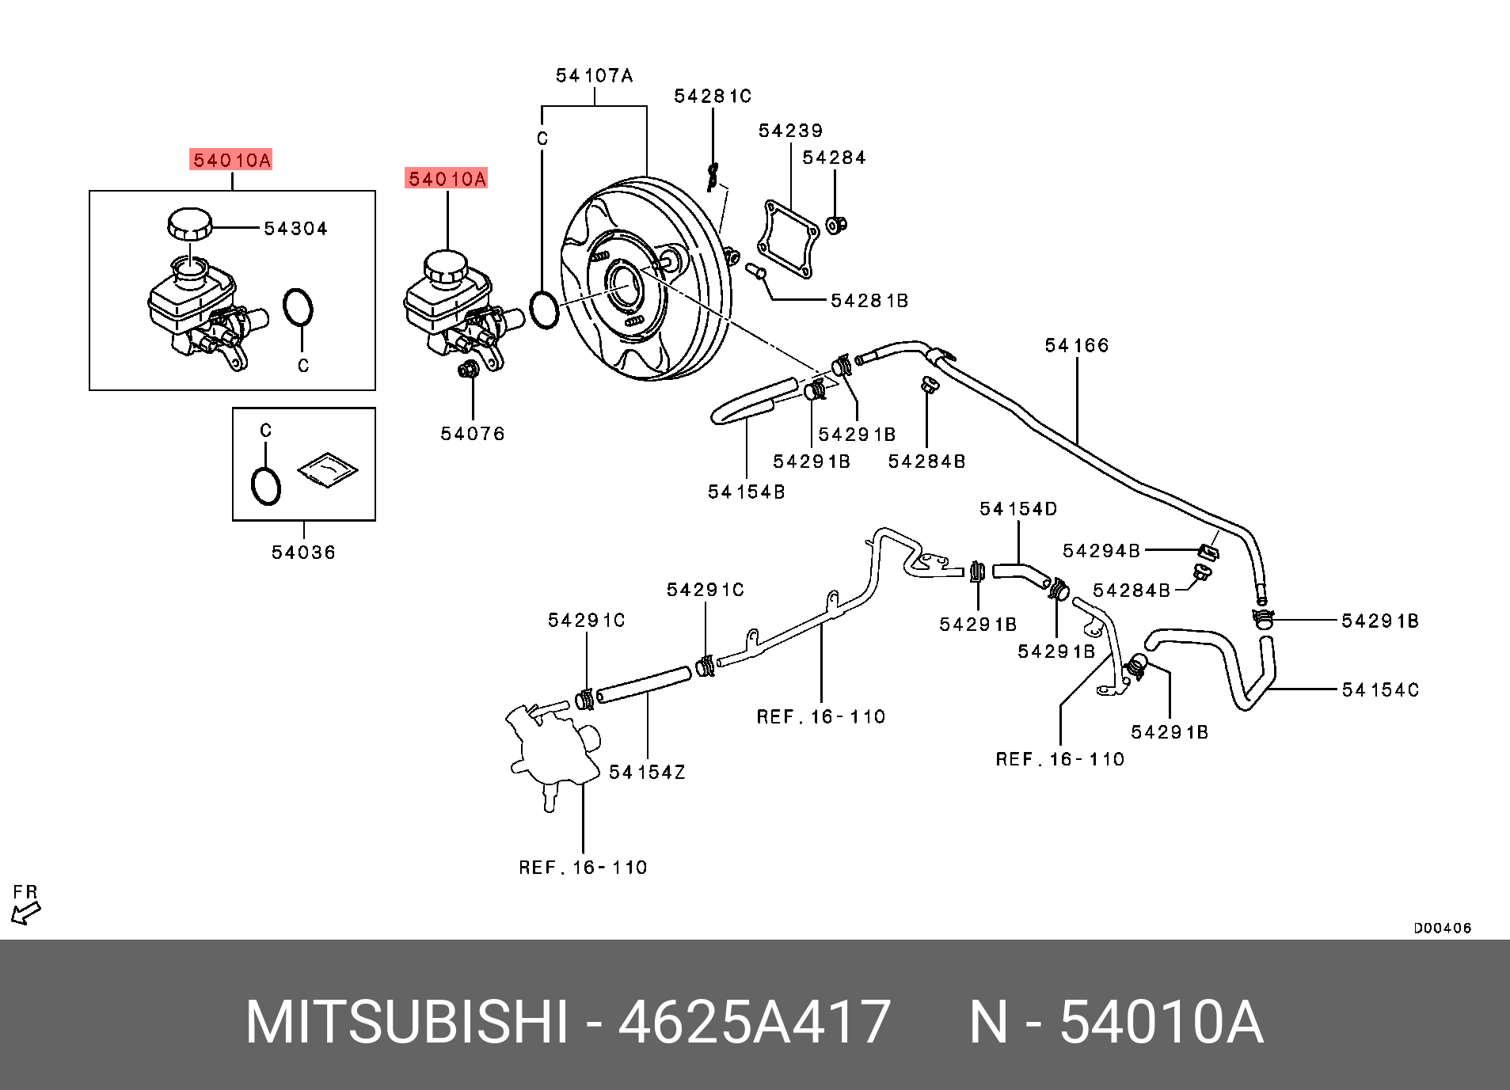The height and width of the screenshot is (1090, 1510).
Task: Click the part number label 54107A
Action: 594,76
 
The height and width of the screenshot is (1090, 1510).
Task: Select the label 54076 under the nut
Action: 472,434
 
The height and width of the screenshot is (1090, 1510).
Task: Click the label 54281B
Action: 869,301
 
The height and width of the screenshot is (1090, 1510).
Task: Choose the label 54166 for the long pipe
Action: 1076,346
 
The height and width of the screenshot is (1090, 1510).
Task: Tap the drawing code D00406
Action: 1442,928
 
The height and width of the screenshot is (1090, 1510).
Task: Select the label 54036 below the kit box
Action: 303,553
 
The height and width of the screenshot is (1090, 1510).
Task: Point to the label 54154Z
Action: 647,773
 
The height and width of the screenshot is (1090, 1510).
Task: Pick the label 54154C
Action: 1379,690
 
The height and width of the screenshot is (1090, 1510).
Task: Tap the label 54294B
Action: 1101,551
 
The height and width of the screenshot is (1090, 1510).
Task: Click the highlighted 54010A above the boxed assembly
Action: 232,160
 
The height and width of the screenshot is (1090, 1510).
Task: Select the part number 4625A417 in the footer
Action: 754,1022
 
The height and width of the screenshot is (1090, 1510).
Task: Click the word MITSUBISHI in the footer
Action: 407,1022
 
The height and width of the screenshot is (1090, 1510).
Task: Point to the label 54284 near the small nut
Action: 834,158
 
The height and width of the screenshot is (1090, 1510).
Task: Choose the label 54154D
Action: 1017,509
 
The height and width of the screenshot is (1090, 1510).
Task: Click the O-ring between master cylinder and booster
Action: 544,310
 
